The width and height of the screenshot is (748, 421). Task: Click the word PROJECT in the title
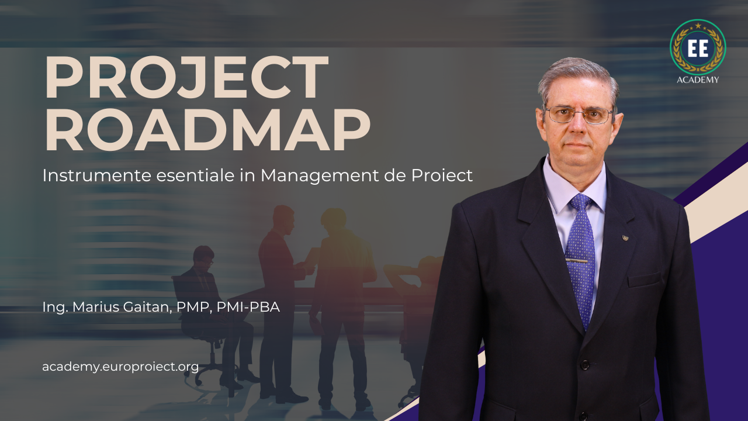coord(187,77)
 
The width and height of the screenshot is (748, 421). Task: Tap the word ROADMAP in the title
coord(207,129)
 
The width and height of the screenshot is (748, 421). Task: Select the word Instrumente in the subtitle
coord(97,175)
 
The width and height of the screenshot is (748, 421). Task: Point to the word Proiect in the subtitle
coord(442,175)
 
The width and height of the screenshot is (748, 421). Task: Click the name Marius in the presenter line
coord(95,307)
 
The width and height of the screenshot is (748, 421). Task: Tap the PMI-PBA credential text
coord(248,307)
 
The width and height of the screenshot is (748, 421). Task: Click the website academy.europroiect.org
coord(120,367)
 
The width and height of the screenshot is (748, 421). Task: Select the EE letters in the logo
coord(698,49)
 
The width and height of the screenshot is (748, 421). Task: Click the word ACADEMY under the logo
coord(698,80)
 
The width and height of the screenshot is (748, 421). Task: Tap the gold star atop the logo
coord(698,25)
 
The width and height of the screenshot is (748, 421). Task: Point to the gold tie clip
coord(577,260)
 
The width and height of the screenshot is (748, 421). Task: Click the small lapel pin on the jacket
coord(625,238)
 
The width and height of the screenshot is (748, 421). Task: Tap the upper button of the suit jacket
coord(584,364)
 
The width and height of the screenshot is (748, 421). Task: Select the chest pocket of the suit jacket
coord(645,280)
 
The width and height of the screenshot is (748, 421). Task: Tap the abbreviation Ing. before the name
coord(55,308)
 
